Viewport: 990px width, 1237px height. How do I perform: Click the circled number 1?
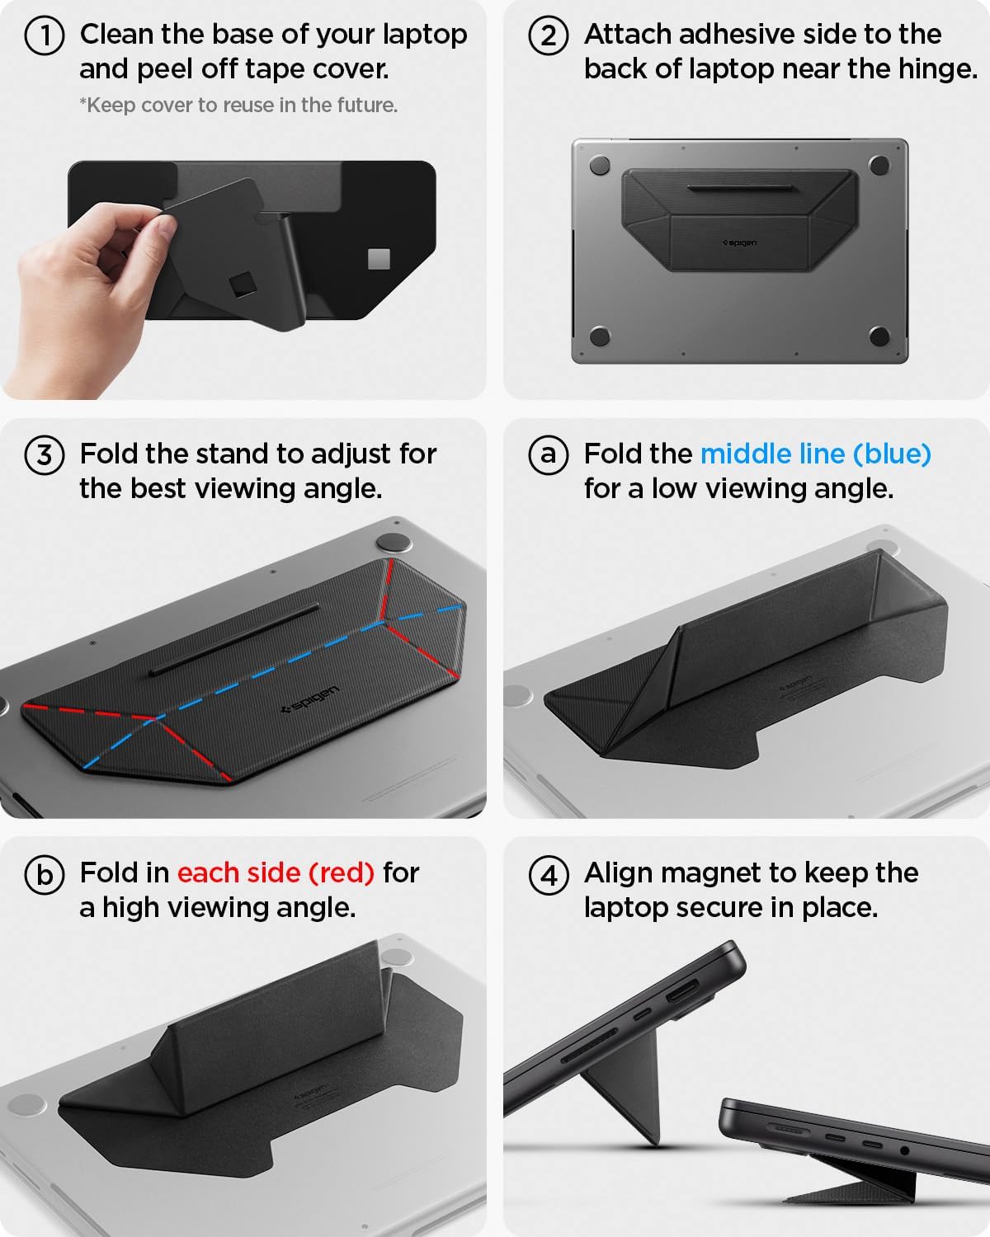point(45,36)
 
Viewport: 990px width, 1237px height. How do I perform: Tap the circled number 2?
point(549,36)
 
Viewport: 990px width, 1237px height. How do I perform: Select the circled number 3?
point(45,455)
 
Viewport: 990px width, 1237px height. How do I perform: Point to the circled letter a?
point(549,455)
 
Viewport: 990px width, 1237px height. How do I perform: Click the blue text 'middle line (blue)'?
point(815,454)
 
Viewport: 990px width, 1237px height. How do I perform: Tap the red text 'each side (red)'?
point(276,872)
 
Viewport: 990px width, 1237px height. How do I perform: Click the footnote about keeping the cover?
point(238,106)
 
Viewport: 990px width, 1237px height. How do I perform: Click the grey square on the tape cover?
point(379,259)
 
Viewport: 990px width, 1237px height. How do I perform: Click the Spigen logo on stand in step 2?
point(739,243)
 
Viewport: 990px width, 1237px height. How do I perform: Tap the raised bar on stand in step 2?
point(740,190)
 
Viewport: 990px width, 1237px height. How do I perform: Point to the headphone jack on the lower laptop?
point(905,1150)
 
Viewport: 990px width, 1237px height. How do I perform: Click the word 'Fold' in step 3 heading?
point(107,454)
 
